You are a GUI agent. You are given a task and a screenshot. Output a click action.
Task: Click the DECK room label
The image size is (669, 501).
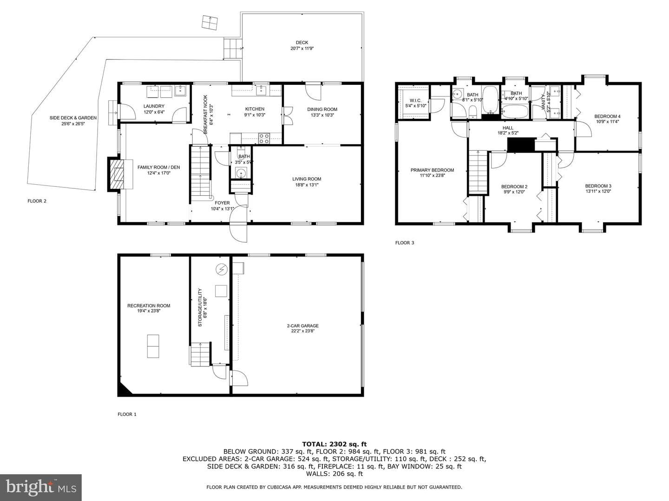coord(302,43)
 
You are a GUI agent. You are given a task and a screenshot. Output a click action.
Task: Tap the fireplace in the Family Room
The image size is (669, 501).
coord(117,174)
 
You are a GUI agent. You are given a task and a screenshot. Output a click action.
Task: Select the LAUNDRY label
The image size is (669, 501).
coord(154,106)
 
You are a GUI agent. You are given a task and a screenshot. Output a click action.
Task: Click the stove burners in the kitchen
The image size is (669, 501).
coord(264,138)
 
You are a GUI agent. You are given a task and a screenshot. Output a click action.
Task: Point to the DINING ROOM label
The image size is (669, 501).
coord(322,109)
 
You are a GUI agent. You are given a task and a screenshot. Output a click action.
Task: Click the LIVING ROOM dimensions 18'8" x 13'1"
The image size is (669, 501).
coord(307,185)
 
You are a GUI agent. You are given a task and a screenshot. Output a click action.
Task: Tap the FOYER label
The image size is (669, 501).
coord(222,203)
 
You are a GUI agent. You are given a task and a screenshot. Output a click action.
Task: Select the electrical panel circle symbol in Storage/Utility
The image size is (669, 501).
coord(222,269)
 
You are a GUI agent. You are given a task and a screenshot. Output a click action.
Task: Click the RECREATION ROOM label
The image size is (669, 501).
coord(149,306)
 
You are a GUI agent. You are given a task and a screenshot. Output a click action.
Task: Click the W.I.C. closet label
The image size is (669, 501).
coord(415,100)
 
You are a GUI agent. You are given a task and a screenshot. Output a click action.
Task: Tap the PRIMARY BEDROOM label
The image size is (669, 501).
coord(432,170)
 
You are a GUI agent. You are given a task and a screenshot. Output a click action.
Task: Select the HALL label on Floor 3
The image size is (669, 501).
coord(508,128)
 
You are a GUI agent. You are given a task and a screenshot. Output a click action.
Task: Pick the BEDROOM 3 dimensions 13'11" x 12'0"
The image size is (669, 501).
coord(598,191)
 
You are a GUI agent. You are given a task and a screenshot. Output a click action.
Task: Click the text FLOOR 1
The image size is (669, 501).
coord(127,414)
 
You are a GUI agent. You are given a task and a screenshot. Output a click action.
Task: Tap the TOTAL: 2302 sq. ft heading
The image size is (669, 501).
coord(334,444)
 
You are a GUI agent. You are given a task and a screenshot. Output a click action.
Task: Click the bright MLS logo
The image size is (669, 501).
coord(41,488)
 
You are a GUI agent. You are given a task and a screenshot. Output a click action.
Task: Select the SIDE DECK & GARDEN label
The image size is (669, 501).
coord(73,118)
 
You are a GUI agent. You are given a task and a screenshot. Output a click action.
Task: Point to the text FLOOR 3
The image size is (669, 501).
coord(405,243)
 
